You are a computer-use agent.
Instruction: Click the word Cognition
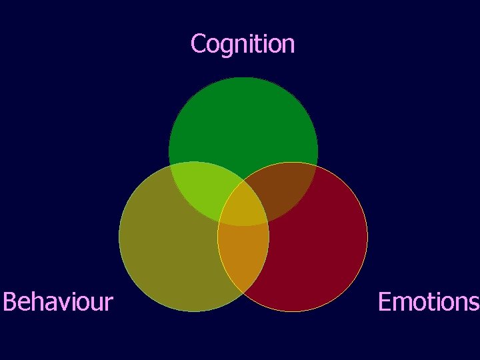tap(242, 44)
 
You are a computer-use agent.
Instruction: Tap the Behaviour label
tap(58, 302)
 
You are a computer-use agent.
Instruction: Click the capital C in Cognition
tap(198, 44)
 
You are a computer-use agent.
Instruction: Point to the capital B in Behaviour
tap(9, 302)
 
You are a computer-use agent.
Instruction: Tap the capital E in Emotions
tap(385, 302)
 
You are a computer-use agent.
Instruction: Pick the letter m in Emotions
tap(401, 303)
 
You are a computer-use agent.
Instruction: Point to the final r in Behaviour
tap(108, 304)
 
